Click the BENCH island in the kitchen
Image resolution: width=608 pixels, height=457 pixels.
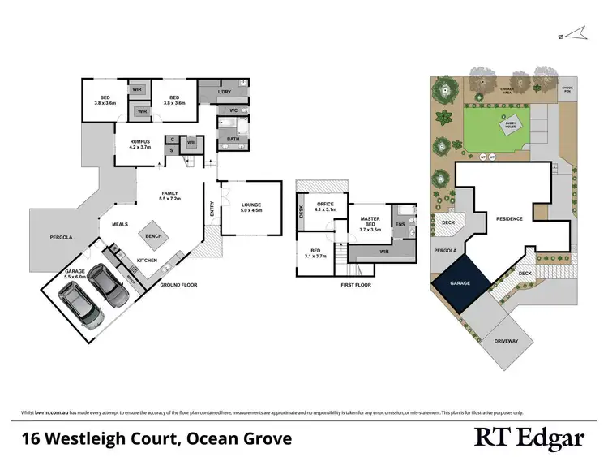pyautogui.click(x=153, y=236)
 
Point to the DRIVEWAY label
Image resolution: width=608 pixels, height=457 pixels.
pyautogui.click(x=505, y=341)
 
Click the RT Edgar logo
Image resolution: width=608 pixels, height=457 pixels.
pyautogui.click(x=529, y=439)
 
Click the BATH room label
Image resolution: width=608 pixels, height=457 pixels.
pyautogui.click(x=233, y=139)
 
